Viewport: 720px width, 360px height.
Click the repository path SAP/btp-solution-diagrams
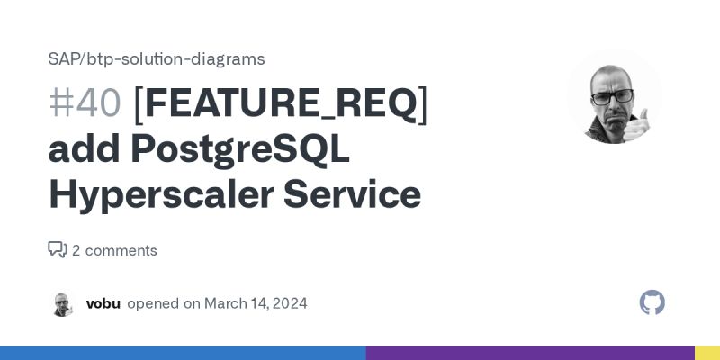click(157, 59)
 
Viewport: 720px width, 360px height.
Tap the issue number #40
click(85, 103)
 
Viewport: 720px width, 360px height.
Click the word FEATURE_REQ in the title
click(281, 103)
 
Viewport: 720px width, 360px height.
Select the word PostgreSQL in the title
click(239, 148)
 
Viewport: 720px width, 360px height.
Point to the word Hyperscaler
click(157, 193)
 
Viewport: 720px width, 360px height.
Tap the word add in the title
click(84, 148)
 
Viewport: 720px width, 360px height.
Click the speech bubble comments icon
click(58, 249)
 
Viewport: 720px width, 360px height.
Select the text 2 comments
click(114, 250)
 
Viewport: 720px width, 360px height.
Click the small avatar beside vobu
click(62, 303)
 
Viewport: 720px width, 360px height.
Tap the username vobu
click(103, 303)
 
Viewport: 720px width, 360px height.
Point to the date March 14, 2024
click(256, 303)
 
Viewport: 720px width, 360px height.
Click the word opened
click(153, 303)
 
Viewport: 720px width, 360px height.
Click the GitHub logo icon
click(652, 302)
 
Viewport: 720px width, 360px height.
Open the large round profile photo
click(615, 95)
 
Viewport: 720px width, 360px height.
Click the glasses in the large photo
click(613, 95)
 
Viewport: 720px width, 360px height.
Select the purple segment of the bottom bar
click(530, 353)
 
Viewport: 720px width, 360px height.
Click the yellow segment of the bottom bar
click(707, 353)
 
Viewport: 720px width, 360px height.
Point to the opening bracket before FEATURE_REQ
click(138, 103)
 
